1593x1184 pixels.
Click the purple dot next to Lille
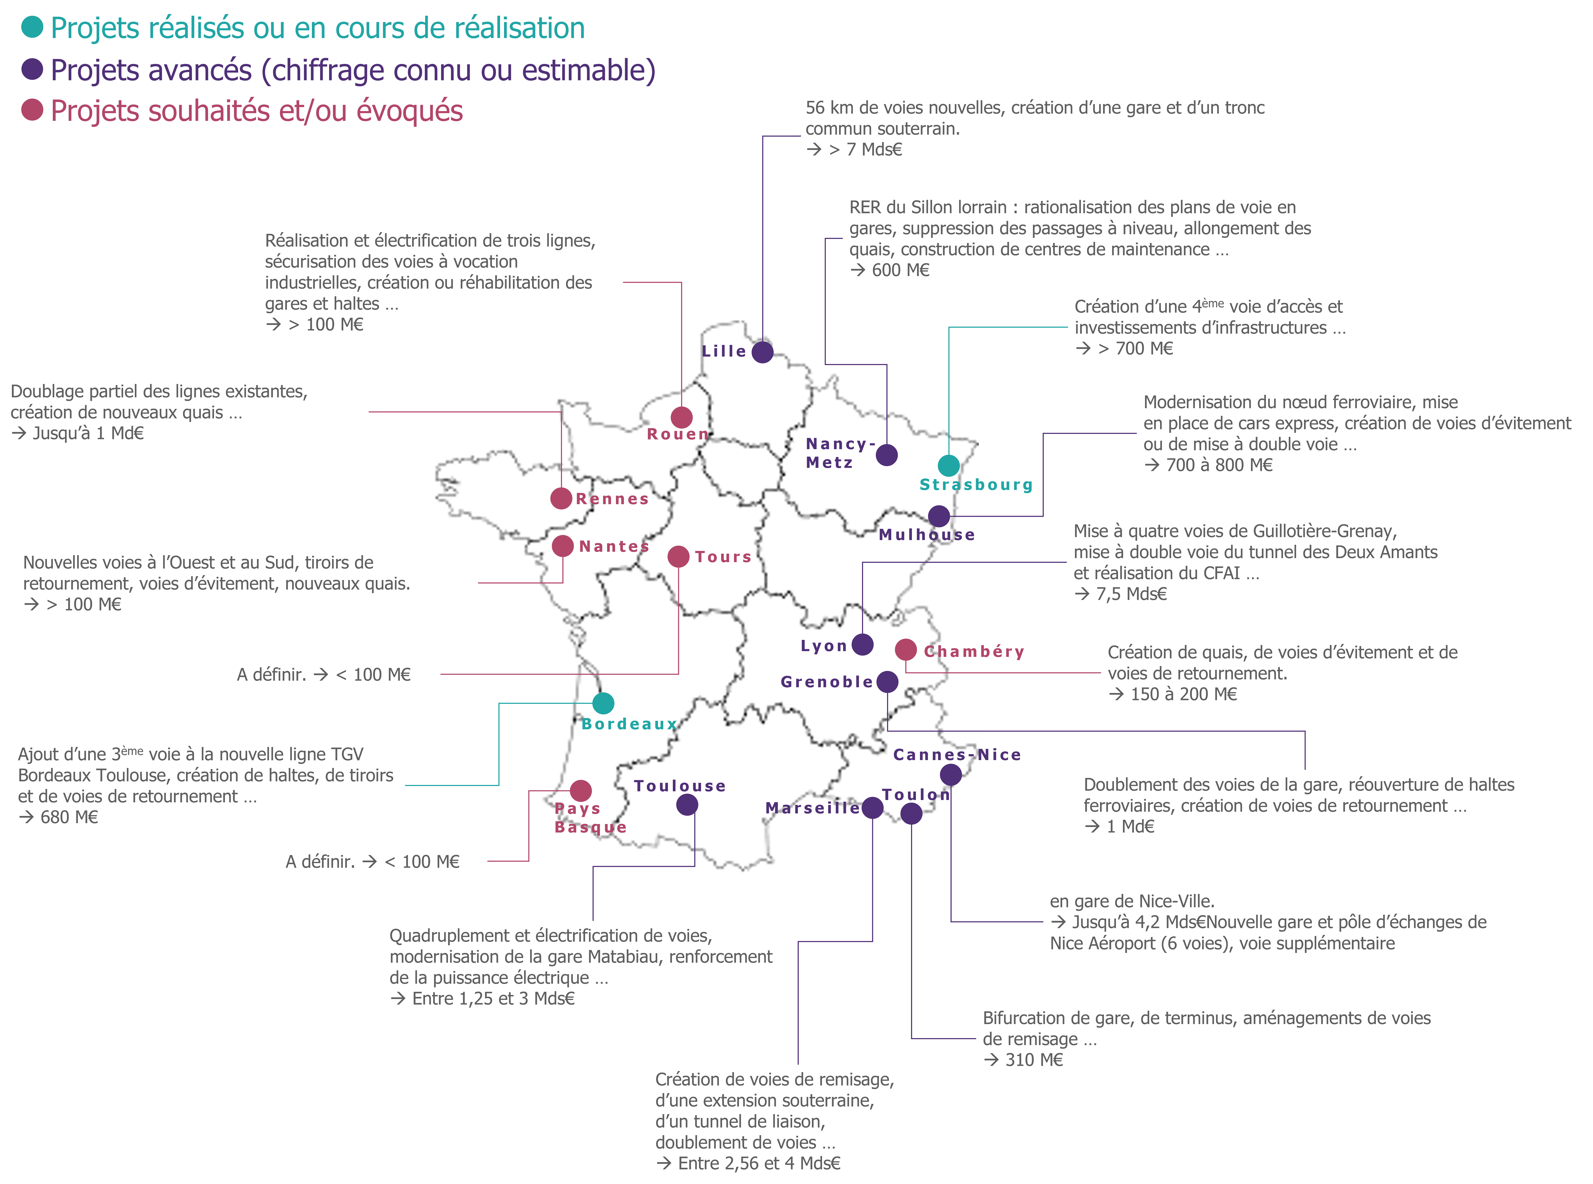762,352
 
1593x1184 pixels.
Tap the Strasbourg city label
976,485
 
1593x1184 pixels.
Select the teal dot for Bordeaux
603,703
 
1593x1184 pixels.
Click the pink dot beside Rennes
561,498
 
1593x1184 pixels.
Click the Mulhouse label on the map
927,535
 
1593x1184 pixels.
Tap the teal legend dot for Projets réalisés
32,27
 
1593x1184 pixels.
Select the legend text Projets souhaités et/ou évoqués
256,111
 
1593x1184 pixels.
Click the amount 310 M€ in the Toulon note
1034,1060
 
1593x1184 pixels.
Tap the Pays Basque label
590,818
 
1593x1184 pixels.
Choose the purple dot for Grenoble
887,682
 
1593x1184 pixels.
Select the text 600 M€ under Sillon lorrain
901,270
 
